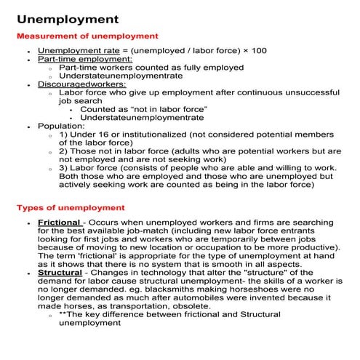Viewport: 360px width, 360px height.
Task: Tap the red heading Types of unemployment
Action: click(x=71, y=207)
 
